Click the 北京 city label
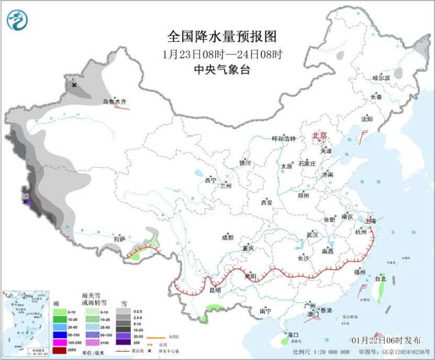(x=319, y=136)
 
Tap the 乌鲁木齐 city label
(x=114, y=102)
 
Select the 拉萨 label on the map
(x=120, y=239)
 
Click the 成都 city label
(x=228, y=237)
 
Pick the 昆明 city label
(x=215, y=290)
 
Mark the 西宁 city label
(x=210, y=180)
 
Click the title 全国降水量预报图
(x=221, y=37)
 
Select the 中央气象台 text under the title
(x=222, y=69)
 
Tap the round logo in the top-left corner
(x=18, y=20)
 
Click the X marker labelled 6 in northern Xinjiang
(x=74, y=85)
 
